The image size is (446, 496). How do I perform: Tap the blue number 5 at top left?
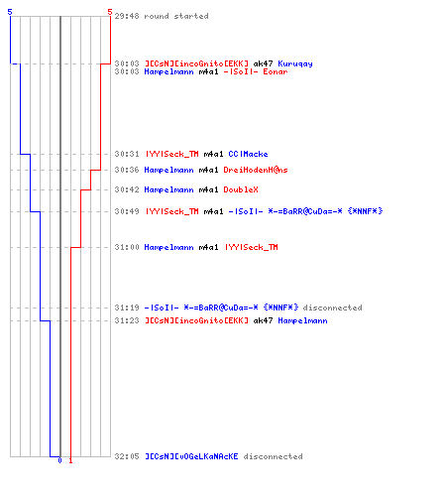coord(10,12)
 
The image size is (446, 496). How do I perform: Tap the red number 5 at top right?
coord(110,12)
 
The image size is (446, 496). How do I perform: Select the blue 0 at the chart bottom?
coord(59,460)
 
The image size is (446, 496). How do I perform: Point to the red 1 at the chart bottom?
coord(70,460)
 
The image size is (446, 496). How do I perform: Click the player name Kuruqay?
coord(295,63)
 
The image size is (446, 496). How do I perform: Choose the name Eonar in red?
coord(276,71)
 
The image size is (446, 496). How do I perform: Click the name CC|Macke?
coord(248,154)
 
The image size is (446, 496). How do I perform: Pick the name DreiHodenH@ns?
coord(256,170)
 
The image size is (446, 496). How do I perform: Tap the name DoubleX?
coord(241,189)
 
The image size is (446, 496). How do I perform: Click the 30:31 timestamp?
coord(127,154)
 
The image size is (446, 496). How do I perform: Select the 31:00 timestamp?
coord(127,247)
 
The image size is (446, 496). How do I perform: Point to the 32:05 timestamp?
coord(127,456)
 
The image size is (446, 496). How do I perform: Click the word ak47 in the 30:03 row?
coord(263,63)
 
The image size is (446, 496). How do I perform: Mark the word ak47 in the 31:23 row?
coord(263,320)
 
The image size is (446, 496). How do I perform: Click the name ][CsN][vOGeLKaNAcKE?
coord(191,456)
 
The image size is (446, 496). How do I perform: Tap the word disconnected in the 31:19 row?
coord(332,308)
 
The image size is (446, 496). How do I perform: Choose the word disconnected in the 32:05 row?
coord(273,456)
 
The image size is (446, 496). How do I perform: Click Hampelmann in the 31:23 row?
coord(302,320)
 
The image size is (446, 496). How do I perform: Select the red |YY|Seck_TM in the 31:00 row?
coord(252,247)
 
